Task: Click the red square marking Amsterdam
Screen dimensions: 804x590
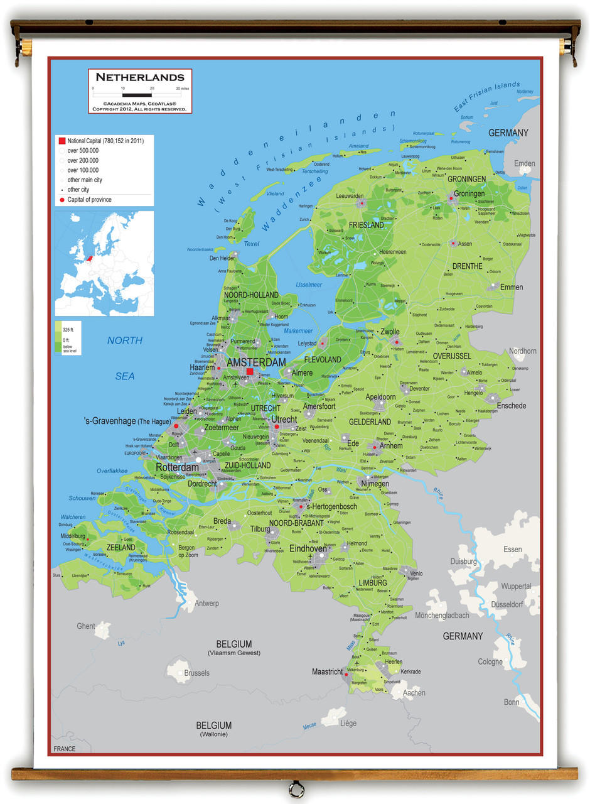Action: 250,372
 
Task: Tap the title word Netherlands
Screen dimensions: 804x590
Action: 140,77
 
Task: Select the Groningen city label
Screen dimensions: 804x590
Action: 469,193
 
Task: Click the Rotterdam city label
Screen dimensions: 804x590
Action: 178,467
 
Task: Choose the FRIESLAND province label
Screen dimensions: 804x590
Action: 367,225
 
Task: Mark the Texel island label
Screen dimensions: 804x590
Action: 251,244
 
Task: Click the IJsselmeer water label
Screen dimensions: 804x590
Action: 308,285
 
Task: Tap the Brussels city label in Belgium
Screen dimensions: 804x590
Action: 197,673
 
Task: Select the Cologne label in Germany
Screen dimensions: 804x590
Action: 490,661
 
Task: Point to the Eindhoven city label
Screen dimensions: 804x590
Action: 308,548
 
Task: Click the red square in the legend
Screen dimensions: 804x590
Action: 62,141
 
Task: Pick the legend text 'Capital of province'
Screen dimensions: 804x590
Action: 90,200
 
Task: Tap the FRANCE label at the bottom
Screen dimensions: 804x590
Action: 64,749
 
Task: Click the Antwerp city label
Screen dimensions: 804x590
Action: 206,604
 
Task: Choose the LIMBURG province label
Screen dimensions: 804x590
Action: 373,583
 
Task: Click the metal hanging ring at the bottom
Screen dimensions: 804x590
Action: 294,788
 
